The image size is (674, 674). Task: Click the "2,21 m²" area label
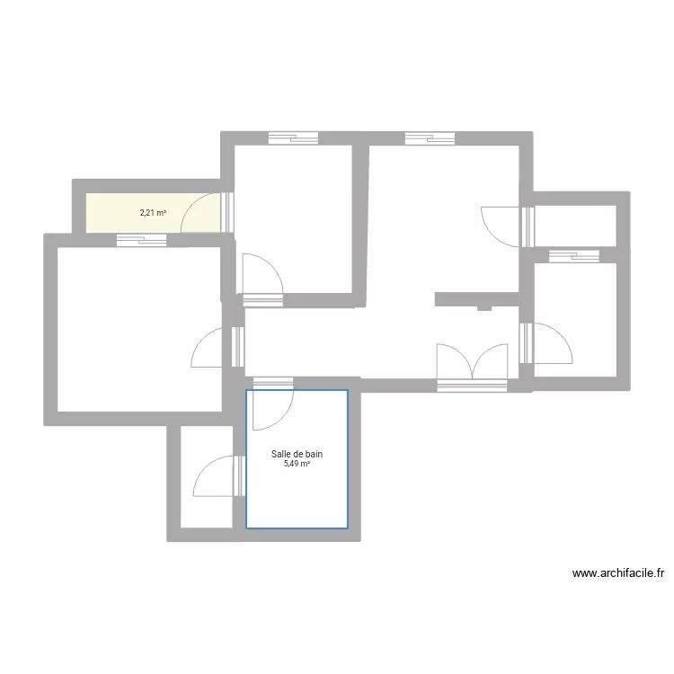[x=153, y=213]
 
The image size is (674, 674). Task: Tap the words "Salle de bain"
[x=297, y=455]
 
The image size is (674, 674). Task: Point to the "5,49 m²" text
[x=297, y=465]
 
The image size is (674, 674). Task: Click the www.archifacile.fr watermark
[x=617, y=572]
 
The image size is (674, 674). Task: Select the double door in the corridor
[x=471, y=362]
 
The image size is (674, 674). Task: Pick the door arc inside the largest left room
[x=209, y=349]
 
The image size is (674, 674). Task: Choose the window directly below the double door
[x=472, y=386]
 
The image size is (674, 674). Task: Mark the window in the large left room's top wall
[x=142, y=240]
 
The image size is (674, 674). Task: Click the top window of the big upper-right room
[x=430, y=138]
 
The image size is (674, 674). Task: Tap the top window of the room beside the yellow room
[x=293, y=138]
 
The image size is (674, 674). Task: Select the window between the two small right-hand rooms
[x=573, y=256]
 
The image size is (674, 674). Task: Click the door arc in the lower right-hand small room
[x=552, y=342]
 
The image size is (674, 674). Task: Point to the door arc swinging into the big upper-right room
[x=501, y=224]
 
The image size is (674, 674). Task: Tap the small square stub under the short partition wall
[x=484, y=307]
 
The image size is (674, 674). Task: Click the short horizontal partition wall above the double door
[x=476, y=298]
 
